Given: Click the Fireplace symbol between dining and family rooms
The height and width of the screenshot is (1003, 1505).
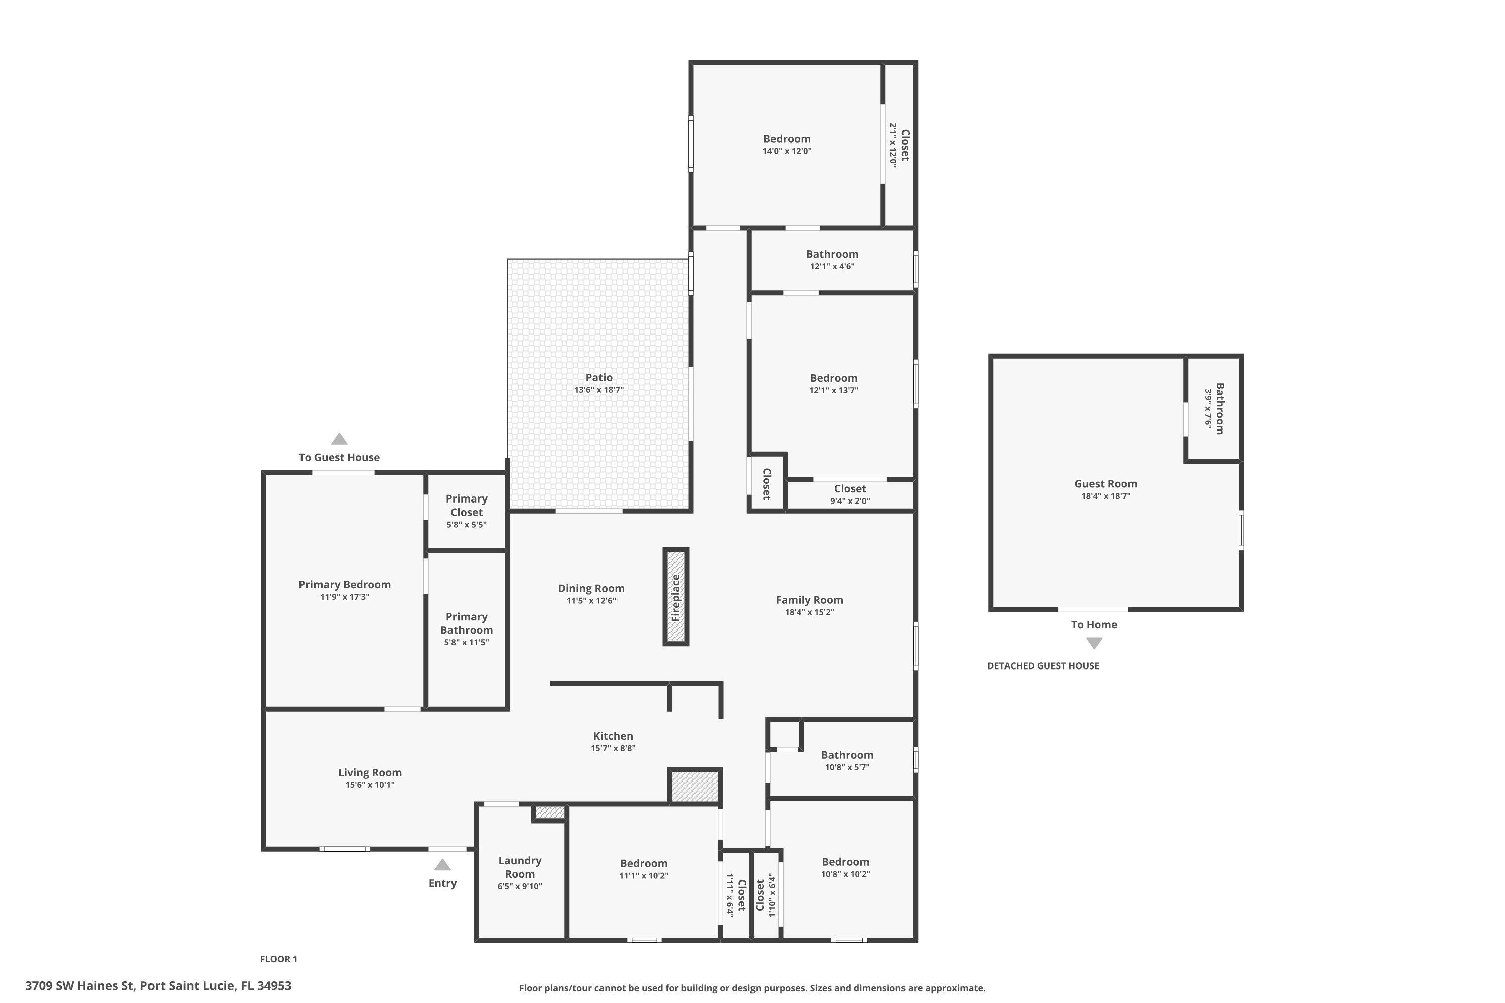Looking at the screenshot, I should tap(676, 597).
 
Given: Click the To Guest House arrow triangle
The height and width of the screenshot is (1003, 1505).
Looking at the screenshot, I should tap(339, 439).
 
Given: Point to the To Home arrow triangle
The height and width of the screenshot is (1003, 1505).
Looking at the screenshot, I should tap(1094, 643).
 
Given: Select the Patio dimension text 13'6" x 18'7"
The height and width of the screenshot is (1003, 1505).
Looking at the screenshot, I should tap(599, 390).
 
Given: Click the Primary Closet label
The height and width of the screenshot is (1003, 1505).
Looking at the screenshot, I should tap(467, 506).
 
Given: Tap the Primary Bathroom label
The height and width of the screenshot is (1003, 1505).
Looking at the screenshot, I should tap(467, 624).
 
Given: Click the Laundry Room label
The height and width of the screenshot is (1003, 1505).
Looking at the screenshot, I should tap(520, 868).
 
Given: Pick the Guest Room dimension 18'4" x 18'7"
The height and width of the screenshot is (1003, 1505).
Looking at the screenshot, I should tap(1106, 496).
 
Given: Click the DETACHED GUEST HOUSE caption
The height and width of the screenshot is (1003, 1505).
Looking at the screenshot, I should tap(1043, 666).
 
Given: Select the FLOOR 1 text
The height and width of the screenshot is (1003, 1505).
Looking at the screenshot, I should tap(279, 959).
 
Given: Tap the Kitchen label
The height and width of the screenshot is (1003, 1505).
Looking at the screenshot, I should tap(613, 736).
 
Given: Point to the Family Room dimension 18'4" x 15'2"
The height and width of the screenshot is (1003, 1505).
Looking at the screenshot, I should tap(810, 612).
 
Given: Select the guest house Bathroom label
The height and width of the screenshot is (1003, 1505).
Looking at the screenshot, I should tap(1220, 409).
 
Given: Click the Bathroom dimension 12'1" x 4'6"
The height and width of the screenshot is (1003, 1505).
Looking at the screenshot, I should tap(832, 267).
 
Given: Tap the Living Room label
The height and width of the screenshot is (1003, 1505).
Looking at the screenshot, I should tap(370, 773).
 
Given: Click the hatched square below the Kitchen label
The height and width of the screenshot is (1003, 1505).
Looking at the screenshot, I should tap(695, 786).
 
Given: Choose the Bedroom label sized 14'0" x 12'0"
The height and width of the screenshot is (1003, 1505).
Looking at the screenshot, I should tap(787, 139).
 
